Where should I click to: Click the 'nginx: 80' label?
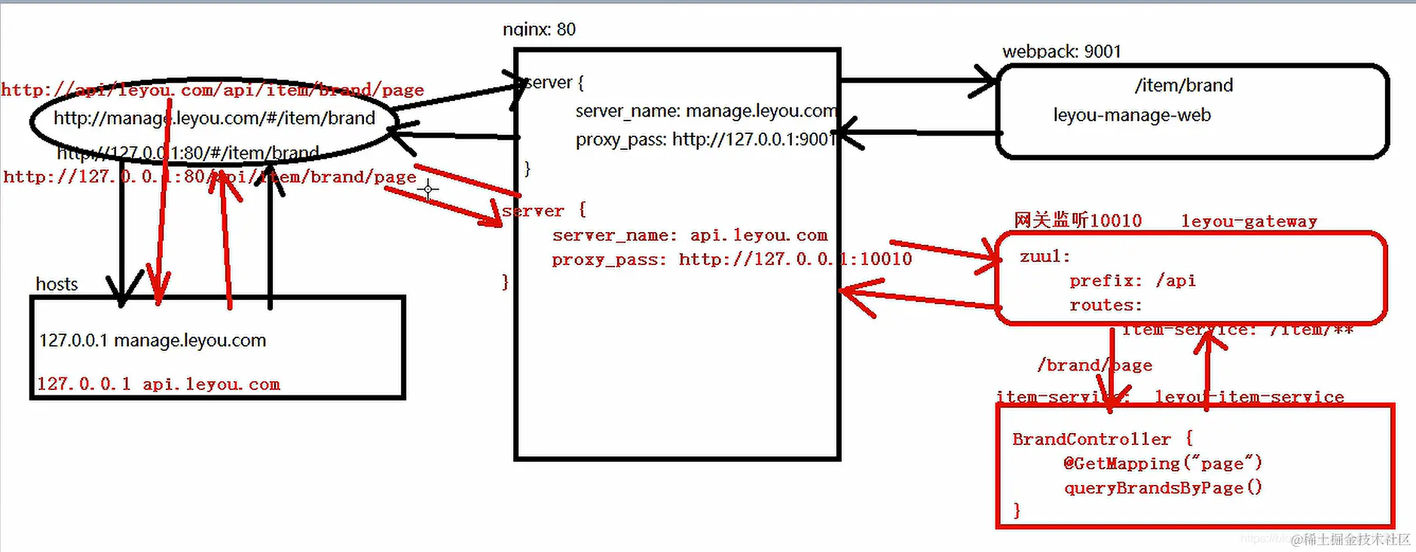tap(539, 29)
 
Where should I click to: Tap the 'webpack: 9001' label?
tap(1061, 51)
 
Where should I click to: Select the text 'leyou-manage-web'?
tap(1132, 115)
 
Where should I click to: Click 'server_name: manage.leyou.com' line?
tap(705, 111)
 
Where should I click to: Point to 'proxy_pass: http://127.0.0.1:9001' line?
tap(705, 140)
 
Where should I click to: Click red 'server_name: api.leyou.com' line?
tap(690, 236)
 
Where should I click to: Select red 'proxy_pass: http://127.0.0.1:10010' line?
tap(731, 260)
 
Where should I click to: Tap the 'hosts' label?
tap(57, 284)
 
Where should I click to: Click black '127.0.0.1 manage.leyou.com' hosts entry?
tap(152, 340)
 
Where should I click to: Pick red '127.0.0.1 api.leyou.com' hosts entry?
tap(158, 384)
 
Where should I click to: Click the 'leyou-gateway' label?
tap(1249, 221)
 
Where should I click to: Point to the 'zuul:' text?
tap(1044, 257)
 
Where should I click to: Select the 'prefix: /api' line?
tap(1132, 281)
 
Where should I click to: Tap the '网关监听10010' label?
tap(1078, 221)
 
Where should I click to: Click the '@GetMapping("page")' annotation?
tap(1162, 464)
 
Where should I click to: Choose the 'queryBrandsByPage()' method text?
tap(1162, 488)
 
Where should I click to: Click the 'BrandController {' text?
tap(1102, 439)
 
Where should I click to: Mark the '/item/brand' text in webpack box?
tap(1183, 86)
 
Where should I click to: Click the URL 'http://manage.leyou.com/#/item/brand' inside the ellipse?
tap(214, 118)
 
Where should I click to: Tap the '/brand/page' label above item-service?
tap(1094, 365)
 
